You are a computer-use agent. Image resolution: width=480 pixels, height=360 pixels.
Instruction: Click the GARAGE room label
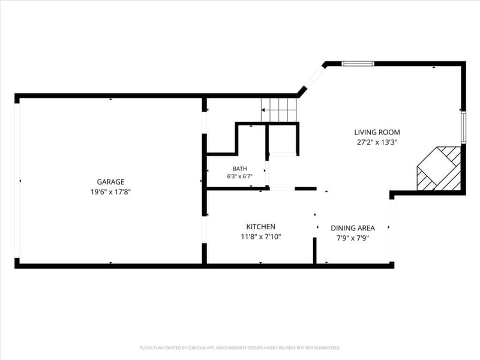click(110, 182)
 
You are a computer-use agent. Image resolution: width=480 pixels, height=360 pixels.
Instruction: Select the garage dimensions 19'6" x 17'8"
click(110, 192)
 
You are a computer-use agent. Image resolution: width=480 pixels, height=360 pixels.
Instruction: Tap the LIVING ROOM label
click(377, 132)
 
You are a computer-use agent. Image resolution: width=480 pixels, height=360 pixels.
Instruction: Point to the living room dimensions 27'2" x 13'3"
click(377, 142)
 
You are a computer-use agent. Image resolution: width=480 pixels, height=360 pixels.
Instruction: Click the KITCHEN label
click(261, 227)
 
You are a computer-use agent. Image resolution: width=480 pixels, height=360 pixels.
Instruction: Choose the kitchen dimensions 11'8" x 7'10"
click(261, 236)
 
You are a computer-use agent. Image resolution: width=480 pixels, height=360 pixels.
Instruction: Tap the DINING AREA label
click(353, 228)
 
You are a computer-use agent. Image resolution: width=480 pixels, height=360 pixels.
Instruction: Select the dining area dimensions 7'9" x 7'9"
click(353, 238)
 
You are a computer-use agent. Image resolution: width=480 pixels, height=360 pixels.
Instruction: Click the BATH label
click(239, 169)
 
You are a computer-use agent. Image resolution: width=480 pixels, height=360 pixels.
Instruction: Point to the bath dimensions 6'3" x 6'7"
click(239, 176)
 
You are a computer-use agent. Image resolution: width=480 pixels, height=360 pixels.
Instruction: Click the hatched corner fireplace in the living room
click(439, 169)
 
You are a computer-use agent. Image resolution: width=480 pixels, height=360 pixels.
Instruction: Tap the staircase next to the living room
click(279, 110)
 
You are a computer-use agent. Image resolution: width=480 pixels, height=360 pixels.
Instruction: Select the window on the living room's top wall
click(358, 64)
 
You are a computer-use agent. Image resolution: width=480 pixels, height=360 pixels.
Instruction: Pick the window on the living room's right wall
click(463, 127)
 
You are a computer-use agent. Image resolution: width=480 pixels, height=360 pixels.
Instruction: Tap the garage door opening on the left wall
click(17, 181)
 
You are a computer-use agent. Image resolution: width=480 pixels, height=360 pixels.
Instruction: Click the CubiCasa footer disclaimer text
click(240, 348)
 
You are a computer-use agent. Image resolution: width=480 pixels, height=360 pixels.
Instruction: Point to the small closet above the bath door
click(282, 139)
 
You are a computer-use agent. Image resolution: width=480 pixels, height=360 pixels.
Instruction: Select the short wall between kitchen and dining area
click(314, 250)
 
